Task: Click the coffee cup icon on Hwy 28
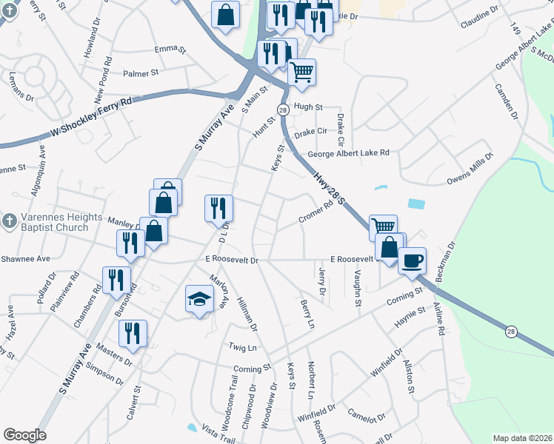tap(413, 260)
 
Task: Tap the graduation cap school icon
tap(198, 300)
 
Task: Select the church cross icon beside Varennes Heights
tap(8, 221)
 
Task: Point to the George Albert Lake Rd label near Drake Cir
tap(349, 153)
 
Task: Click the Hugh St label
tap(308, 107)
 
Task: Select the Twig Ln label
tap(242, 347)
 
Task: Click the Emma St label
tap(169, 49)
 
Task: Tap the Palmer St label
tap(141, 73)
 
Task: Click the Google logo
tap(24, 435)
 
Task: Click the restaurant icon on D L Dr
tap(218, 208)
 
